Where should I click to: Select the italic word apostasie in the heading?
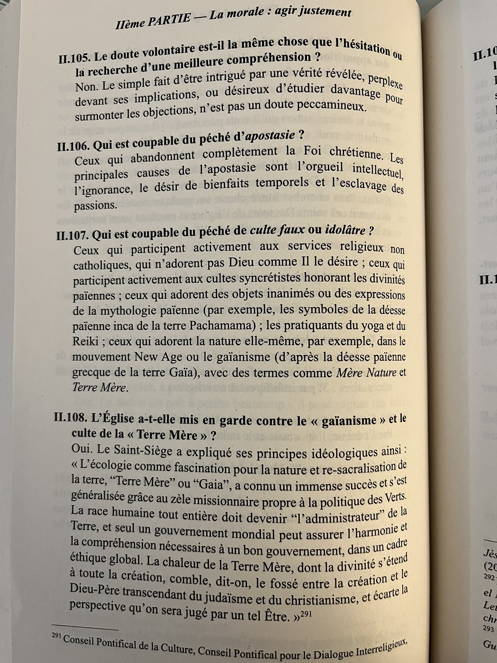(x=270, y=136)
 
